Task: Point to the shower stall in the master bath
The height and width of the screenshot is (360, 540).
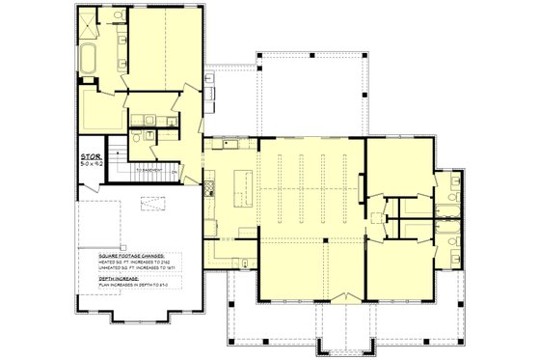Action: pos(86,24)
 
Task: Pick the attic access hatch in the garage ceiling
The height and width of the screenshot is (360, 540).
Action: pos(151,203)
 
